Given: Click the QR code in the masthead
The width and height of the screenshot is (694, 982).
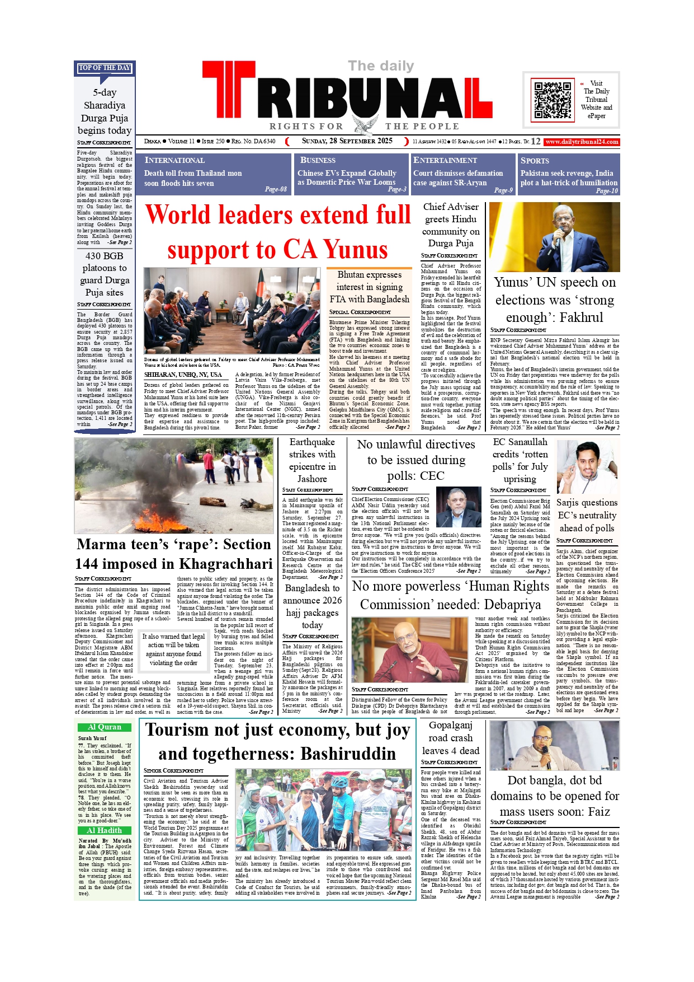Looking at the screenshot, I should click(x=553, y=100).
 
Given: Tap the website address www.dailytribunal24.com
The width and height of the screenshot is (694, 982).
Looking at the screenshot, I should click(x=582, y=142).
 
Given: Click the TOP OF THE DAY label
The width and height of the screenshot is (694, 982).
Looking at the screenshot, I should click(x=105, y=68).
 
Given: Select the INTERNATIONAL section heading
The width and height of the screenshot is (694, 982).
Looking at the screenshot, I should click(x=174, y=160).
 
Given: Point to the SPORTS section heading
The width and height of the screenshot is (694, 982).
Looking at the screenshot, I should click(x=535, y=160).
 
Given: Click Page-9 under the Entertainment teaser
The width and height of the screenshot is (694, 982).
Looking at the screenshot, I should click(x=503, y=190).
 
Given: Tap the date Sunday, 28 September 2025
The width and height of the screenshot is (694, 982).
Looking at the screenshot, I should click(x=347, y=141).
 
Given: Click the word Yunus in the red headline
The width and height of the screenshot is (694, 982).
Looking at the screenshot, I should click(x=356, y=250).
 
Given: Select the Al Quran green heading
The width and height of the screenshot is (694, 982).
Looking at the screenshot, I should click(x=105, y=727).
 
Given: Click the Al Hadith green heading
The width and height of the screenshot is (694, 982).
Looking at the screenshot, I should click(x=105, y=830).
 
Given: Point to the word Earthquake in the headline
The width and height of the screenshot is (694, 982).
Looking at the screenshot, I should click(x=312, y=442).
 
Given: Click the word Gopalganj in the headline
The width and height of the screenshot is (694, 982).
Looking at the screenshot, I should click(x=451, y=725).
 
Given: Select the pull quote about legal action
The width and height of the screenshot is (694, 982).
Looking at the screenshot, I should click(x=173, y=649).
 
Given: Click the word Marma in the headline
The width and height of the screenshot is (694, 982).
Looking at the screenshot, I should click(x=101, y=544).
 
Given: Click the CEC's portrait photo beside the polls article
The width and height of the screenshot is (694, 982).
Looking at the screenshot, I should click(x=458, y=507).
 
